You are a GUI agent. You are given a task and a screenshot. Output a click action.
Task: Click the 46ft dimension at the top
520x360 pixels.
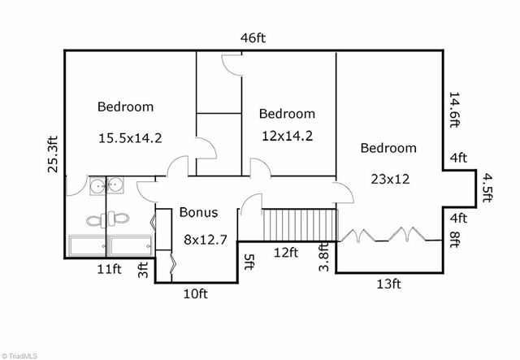click(x=253, y=38)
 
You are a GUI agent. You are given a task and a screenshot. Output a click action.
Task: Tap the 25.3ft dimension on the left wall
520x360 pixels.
click(x=53, y=154)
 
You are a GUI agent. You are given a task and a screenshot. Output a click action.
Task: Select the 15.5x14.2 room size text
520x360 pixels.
click(x=130, y=137)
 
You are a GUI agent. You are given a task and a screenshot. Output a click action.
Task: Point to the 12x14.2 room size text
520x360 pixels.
click(x=287, y=136)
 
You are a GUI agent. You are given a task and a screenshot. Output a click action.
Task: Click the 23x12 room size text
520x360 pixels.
click(x=390, y=179)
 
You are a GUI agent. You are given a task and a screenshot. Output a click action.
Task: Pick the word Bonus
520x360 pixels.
click(x=198, y=212)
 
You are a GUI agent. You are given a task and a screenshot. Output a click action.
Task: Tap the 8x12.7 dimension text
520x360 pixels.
click(x=206, y=239)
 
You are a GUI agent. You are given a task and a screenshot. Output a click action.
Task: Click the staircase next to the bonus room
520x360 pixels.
click(x=300, y=224)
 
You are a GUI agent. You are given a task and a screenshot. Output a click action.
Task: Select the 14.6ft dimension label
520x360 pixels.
click(x=454, y=110)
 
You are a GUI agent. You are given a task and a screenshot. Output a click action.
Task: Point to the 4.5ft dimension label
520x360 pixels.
click(x=487, y=188)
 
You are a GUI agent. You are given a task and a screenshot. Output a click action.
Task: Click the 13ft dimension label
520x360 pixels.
click(x=388, y=284)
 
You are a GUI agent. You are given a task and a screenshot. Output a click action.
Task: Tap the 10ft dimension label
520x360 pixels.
click(x=196, y=293)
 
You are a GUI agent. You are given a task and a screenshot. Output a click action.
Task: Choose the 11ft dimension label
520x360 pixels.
click(x=109, y=269)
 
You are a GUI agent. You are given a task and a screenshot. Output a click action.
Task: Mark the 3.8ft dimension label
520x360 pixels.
click(x=323, y=257)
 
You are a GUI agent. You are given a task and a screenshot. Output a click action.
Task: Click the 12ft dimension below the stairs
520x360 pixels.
click(x=286, y=253)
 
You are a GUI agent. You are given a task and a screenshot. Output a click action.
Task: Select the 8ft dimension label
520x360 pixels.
click(x=455, y=239)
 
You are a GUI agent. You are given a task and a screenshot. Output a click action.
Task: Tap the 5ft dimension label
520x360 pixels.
click(x=249, y=262)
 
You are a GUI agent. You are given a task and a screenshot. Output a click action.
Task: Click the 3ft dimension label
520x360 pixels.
click(x=143, y=270)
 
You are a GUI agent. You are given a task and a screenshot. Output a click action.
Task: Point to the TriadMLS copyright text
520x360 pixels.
click(x=19, y=357)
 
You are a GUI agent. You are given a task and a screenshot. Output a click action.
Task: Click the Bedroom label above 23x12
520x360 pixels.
click(x=388, y=148)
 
